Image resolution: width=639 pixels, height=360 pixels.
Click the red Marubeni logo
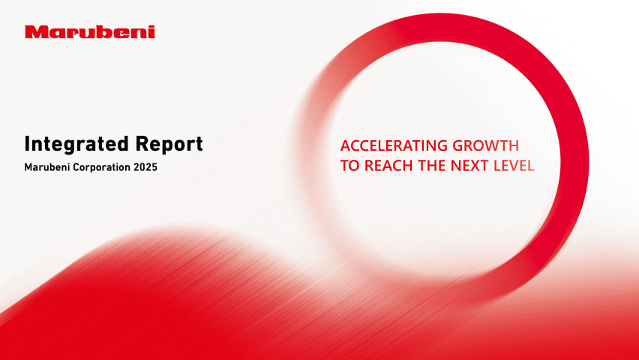pos(90,31)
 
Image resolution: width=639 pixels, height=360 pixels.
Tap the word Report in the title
pos(169,145)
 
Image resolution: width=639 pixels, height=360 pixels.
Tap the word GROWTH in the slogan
pos(486,145)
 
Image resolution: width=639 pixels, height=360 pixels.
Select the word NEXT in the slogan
pos(469,166)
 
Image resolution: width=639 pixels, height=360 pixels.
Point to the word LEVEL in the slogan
pos(514,166)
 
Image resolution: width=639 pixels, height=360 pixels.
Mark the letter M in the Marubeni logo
pos(34,31)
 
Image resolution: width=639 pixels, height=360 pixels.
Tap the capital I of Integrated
pos(26,144)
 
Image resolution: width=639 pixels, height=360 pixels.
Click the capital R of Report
pos(141,144)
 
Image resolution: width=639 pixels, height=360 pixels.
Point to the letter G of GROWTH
pos(459,145)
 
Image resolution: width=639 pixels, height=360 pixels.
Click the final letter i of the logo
pos(152,31)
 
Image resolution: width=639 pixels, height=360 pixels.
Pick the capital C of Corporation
pos(76,167)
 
